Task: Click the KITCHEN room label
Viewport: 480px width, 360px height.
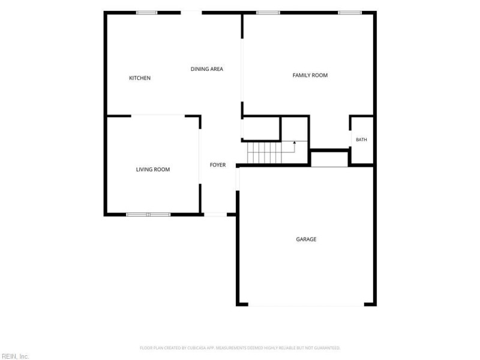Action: pos(140,78)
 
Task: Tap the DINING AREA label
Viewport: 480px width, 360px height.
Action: pos(206,69)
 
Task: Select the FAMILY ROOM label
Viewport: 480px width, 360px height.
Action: pos(310,75)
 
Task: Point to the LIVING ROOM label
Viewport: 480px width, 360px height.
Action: pos(153,169)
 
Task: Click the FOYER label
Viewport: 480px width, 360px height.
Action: pos(218,164)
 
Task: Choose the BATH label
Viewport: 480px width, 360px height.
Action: pos(361,139)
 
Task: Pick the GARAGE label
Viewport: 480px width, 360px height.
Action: pos(306,239)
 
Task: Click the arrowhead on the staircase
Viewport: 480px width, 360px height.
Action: pos(295,142)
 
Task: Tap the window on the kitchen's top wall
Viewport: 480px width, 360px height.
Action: pos(146,13)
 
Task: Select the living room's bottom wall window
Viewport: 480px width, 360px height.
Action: pos(148,214)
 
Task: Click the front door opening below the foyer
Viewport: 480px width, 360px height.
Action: pos(215,214)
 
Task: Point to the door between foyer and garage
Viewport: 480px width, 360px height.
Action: pos(238,179)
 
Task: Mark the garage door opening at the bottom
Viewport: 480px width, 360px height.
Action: pos(306,305)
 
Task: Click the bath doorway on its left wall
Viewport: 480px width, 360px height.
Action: pos(350,139)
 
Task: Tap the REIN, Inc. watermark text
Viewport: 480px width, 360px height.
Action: pos(14,356)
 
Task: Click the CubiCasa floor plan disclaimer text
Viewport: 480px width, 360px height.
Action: pos(240,348)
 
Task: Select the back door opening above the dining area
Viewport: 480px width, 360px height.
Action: pos(191,13)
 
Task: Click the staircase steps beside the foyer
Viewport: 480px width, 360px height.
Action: pos(265,153)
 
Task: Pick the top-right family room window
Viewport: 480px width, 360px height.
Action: pos(350,13)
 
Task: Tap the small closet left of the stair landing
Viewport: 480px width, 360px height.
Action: pos(261,128)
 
